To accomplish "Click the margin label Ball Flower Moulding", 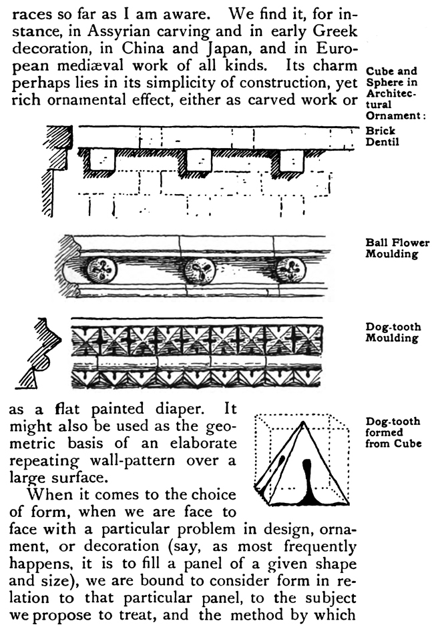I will (x=397, y=248).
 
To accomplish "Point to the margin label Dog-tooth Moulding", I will (x=392, y=332).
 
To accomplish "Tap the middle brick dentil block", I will (x=198, y=161).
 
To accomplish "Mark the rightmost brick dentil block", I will (x=291, y=161).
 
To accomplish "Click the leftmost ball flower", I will (x=102, y=269).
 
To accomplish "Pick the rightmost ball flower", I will (x=291, y=269).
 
